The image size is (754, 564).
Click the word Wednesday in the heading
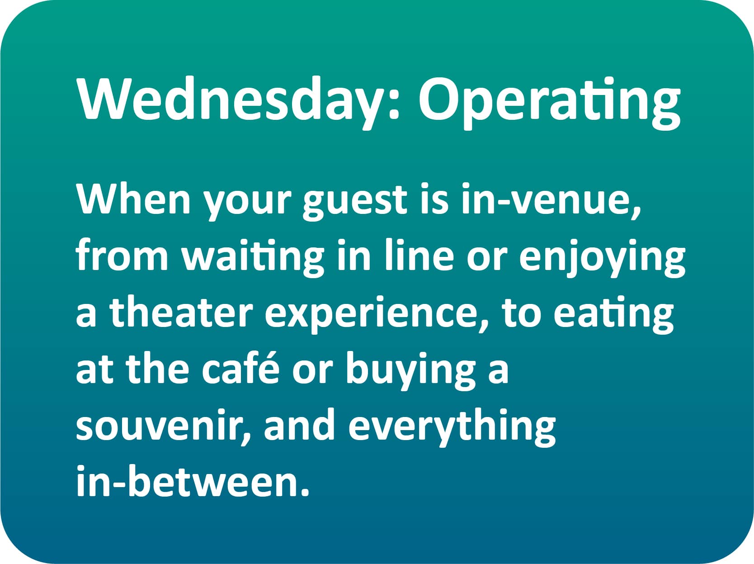click(x=229, y=99)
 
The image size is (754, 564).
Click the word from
click(x=122, y=256)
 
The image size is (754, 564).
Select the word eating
click(x=613, y=316)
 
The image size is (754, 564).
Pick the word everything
click(x=452, y=428)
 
